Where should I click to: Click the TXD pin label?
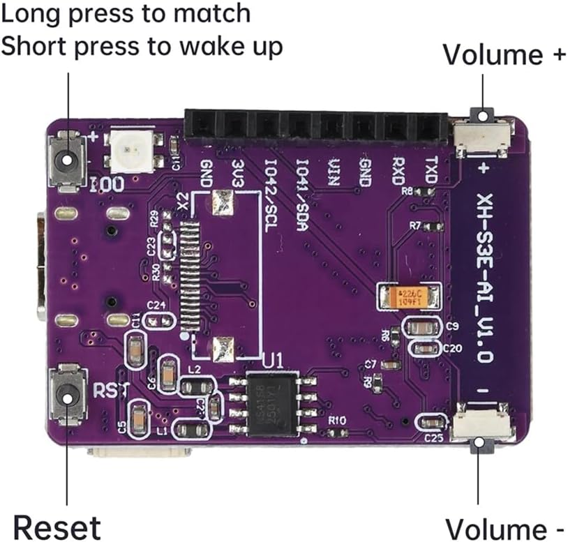(x=431, y=170)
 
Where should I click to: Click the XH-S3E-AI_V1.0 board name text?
(x=486, y=280)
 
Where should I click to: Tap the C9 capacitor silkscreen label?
(x=451, y=326)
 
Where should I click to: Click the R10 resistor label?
(x=337, y=421)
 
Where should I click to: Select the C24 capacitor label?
(x=156, y=306)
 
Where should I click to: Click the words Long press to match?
(x=126, y=13)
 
